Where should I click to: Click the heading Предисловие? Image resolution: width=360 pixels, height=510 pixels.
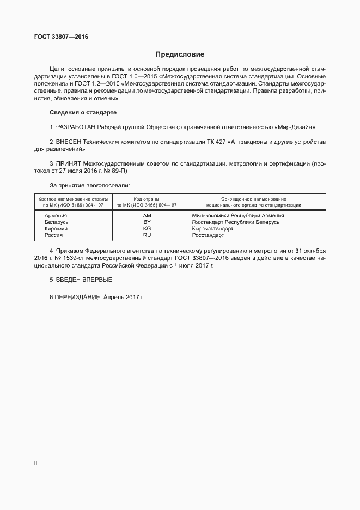180,54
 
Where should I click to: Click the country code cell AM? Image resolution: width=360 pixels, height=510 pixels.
147,215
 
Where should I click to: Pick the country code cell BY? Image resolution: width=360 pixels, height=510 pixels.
147,222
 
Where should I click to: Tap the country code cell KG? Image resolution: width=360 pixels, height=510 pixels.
147,229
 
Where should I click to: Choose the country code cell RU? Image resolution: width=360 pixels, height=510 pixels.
147,235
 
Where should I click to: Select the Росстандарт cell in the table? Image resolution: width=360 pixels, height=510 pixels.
208,235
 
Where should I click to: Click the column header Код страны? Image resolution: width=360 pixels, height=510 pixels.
147,199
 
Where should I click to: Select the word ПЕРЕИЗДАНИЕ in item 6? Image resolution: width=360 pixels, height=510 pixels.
77,298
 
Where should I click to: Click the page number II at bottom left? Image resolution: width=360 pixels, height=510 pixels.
35,463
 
